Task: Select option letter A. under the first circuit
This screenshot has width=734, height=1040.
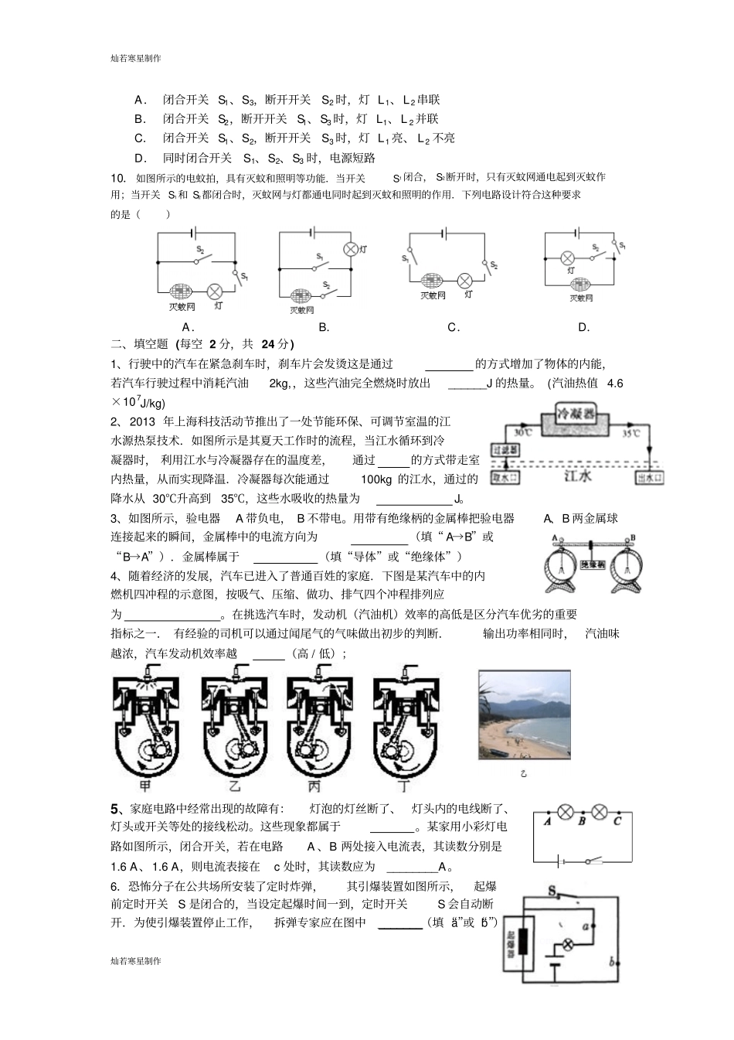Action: click(187, 327)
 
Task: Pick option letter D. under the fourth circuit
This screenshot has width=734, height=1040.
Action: click(584, 327)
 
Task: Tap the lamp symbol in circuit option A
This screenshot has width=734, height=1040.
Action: click(216, 290)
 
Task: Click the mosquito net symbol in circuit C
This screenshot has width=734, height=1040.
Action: click(432, 281)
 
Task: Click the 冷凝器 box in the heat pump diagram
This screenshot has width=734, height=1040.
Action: click(579, 415)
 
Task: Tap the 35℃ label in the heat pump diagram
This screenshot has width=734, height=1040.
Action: click(630, 434)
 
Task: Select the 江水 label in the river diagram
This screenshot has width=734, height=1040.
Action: click(577, 476)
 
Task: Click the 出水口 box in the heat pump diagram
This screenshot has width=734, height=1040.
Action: click(649, 478)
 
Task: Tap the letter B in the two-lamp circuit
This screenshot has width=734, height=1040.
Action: click(582, 821)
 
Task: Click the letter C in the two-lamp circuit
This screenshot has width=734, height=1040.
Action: click(617, 821)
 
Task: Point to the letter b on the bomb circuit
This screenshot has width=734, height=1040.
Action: click(611, 962)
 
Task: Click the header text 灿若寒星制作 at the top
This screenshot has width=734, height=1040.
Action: click(136, 58)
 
